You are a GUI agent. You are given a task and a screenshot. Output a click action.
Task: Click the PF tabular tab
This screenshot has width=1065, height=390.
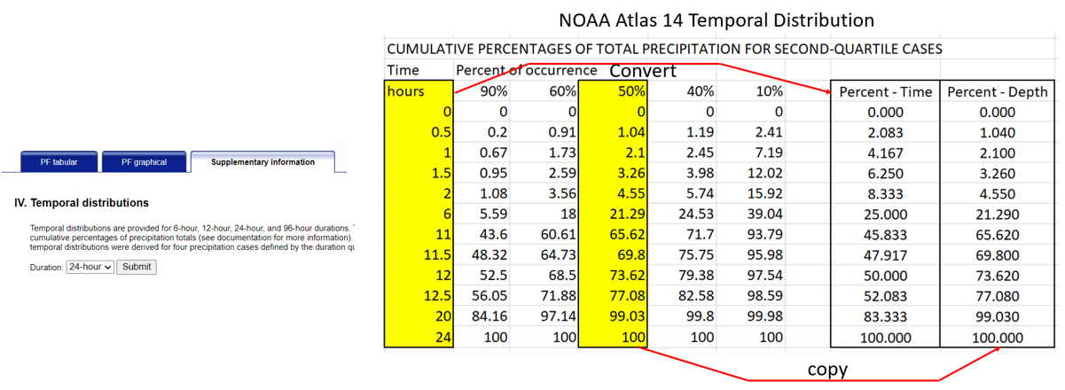click(59, 162)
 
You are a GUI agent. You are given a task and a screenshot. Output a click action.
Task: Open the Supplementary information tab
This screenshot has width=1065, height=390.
click(262, 162)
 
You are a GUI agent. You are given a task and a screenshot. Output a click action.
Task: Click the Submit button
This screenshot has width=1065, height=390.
click(137, 267)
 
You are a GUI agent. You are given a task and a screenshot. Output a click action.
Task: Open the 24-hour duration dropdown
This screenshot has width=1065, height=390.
click(90, 267)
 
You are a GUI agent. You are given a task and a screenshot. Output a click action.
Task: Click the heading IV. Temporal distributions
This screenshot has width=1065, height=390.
click(82, 203)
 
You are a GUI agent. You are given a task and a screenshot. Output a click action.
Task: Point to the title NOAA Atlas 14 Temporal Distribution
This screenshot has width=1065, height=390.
click(717, 19)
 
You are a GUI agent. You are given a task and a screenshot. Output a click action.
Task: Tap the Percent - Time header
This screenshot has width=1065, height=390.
click(884, 90)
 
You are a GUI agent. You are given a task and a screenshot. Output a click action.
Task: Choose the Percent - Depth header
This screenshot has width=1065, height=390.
click(998, 90)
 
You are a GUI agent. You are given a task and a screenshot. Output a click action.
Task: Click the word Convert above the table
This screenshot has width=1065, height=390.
click(642, 70)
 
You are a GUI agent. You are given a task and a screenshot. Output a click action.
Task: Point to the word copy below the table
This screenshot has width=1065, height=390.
click(827, 370)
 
